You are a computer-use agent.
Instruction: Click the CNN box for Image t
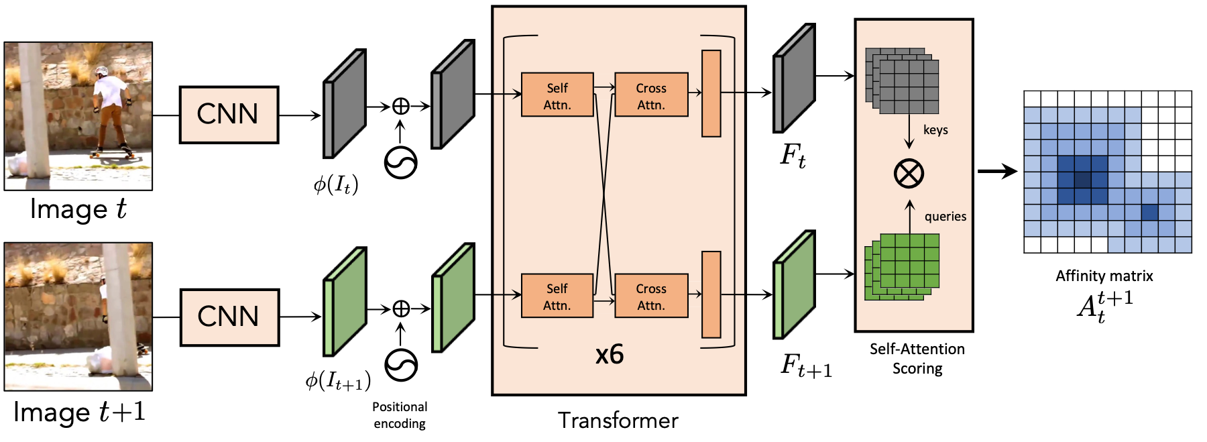(229, 115)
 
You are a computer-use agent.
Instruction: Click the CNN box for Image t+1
(229, 317)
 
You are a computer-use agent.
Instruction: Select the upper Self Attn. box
(557, 95)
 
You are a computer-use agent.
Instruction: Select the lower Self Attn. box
(557, 295)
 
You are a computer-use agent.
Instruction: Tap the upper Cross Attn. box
(651, 95)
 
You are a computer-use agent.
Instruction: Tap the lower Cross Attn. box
(651, 295)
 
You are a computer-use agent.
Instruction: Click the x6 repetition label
(610, 354)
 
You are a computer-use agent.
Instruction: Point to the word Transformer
(618, 421)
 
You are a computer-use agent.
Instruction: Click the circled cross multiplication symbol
(909, 174)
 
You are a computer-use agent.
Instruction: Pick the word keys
(935, 130)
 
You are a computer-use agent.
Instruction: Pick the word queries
(945, 217)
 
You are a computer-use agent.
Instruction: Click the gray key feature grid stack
(902, 80)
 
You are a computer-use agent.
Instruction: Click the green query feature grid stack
(902, 267)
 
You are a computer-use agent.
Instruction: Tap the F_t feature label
(793, 156)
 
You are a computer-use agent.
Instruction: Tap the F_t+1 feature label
(806, 366)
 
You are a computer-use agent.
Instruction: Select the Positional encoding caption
(400, 415)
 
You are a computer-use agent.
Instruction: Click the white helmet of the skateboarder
(101, 71)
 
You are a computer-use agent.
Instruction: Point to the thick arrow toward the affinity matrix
(997, 172)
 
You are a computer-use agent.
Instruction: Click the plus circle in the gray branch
(400, 106)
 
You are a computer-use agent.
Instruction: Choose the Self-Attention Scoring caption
(917, 359)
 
